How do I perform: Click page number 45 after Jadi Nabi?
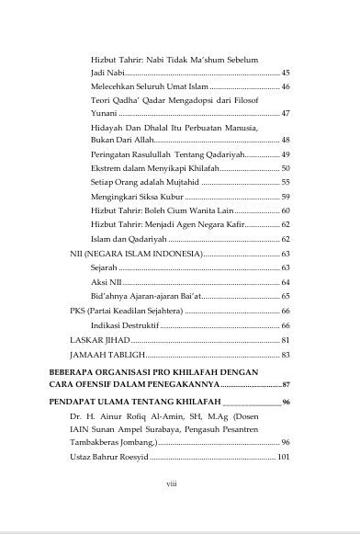pyautogui.click(x=285, y=72)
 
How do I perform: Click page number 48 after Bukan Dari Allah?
pyautogui.click(x=285, y=140)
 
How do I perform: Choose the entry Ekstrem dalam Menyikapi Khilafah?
pyautogui.click(x=155, y=168)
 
